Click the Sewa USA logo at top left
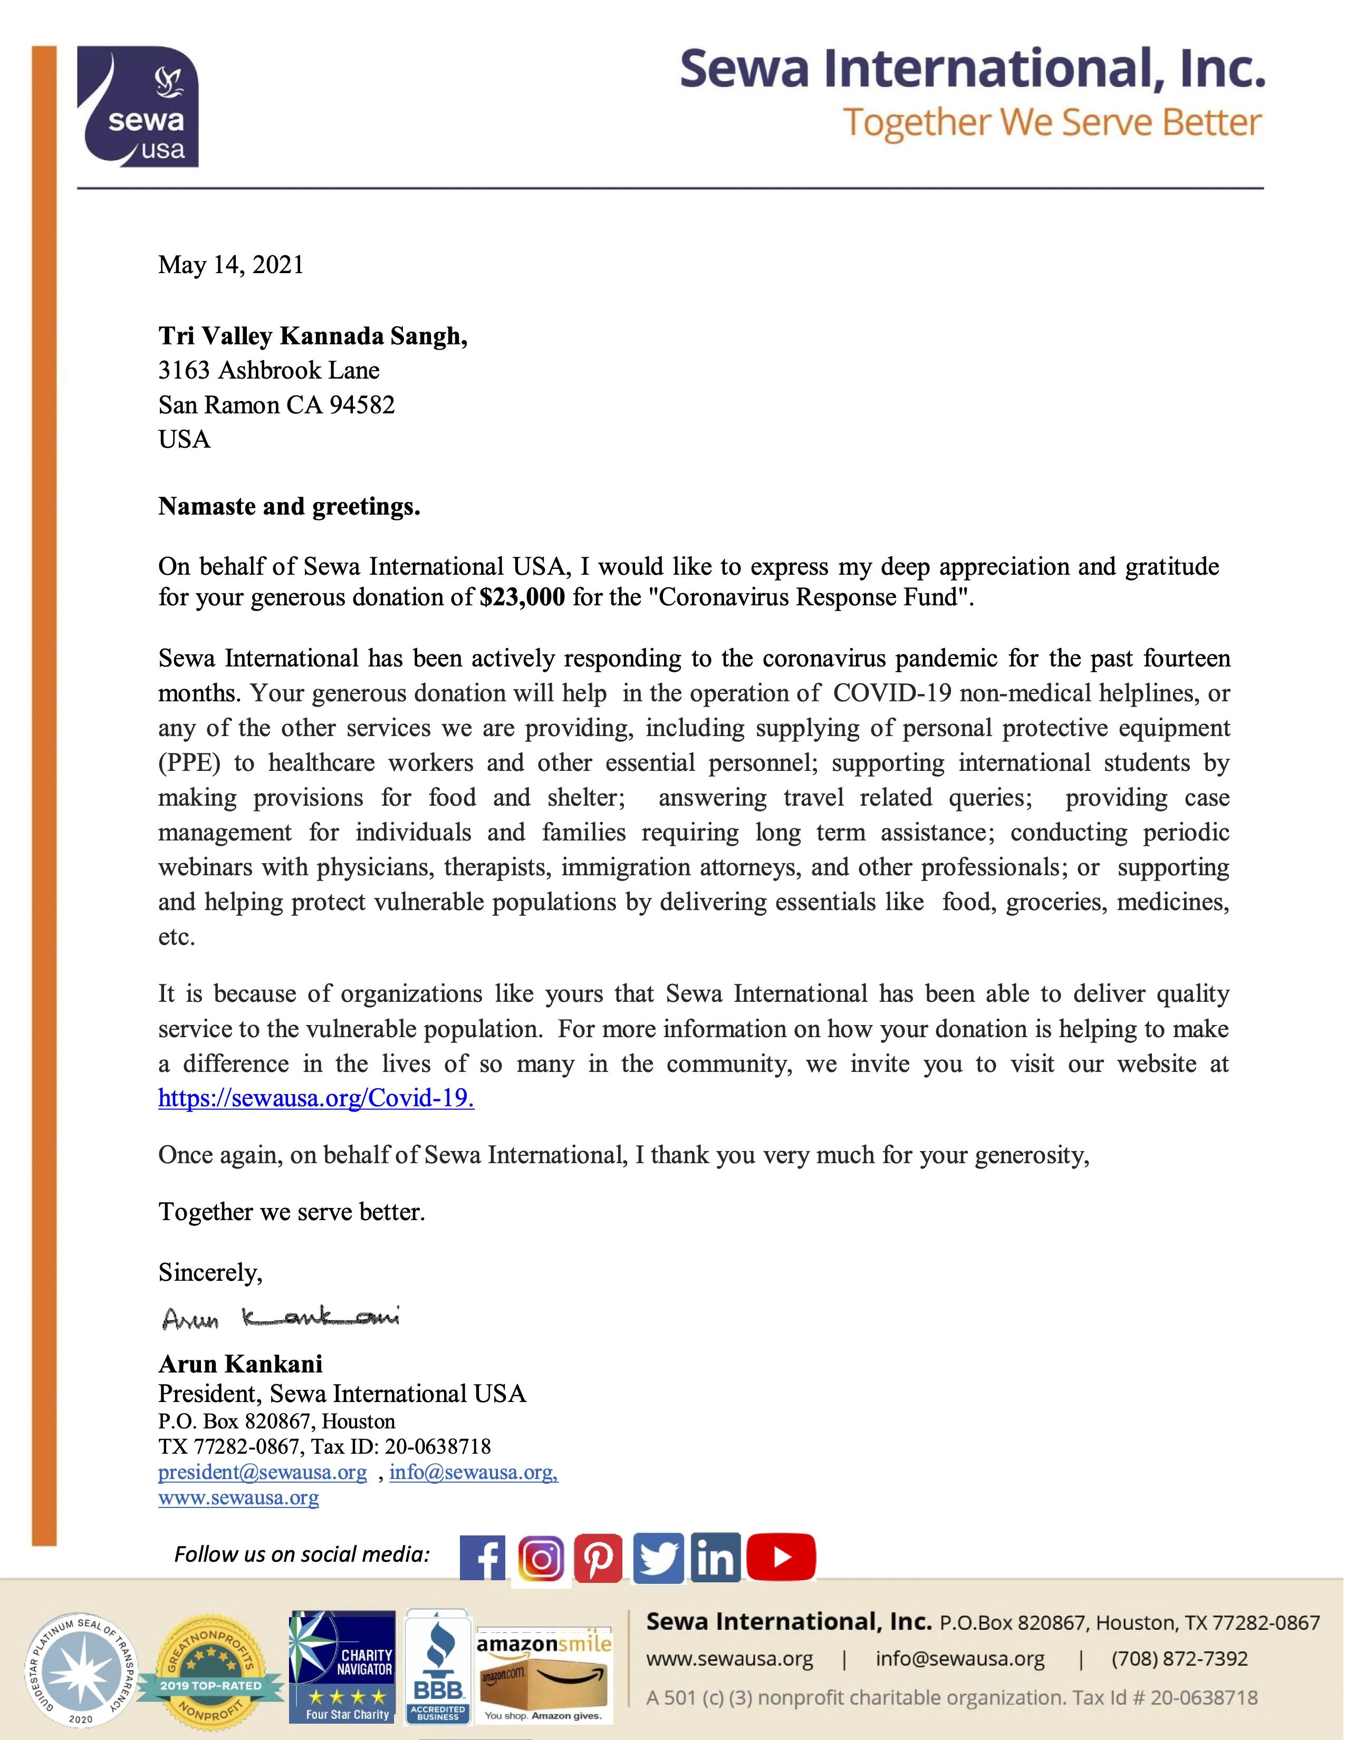(x=138, y=107)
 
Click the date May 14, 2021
(x=231, y=265)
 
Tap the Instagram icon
(x=541, y=1558)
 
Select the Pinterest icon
(x=599, y=1558)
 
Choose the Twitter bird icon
(x=658, y=1558)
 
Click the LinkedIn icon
(x=716, y=1558)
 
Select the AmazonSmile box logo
(x=544, y=1673)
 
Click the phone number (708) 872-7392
(x=1179, y=1659)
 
